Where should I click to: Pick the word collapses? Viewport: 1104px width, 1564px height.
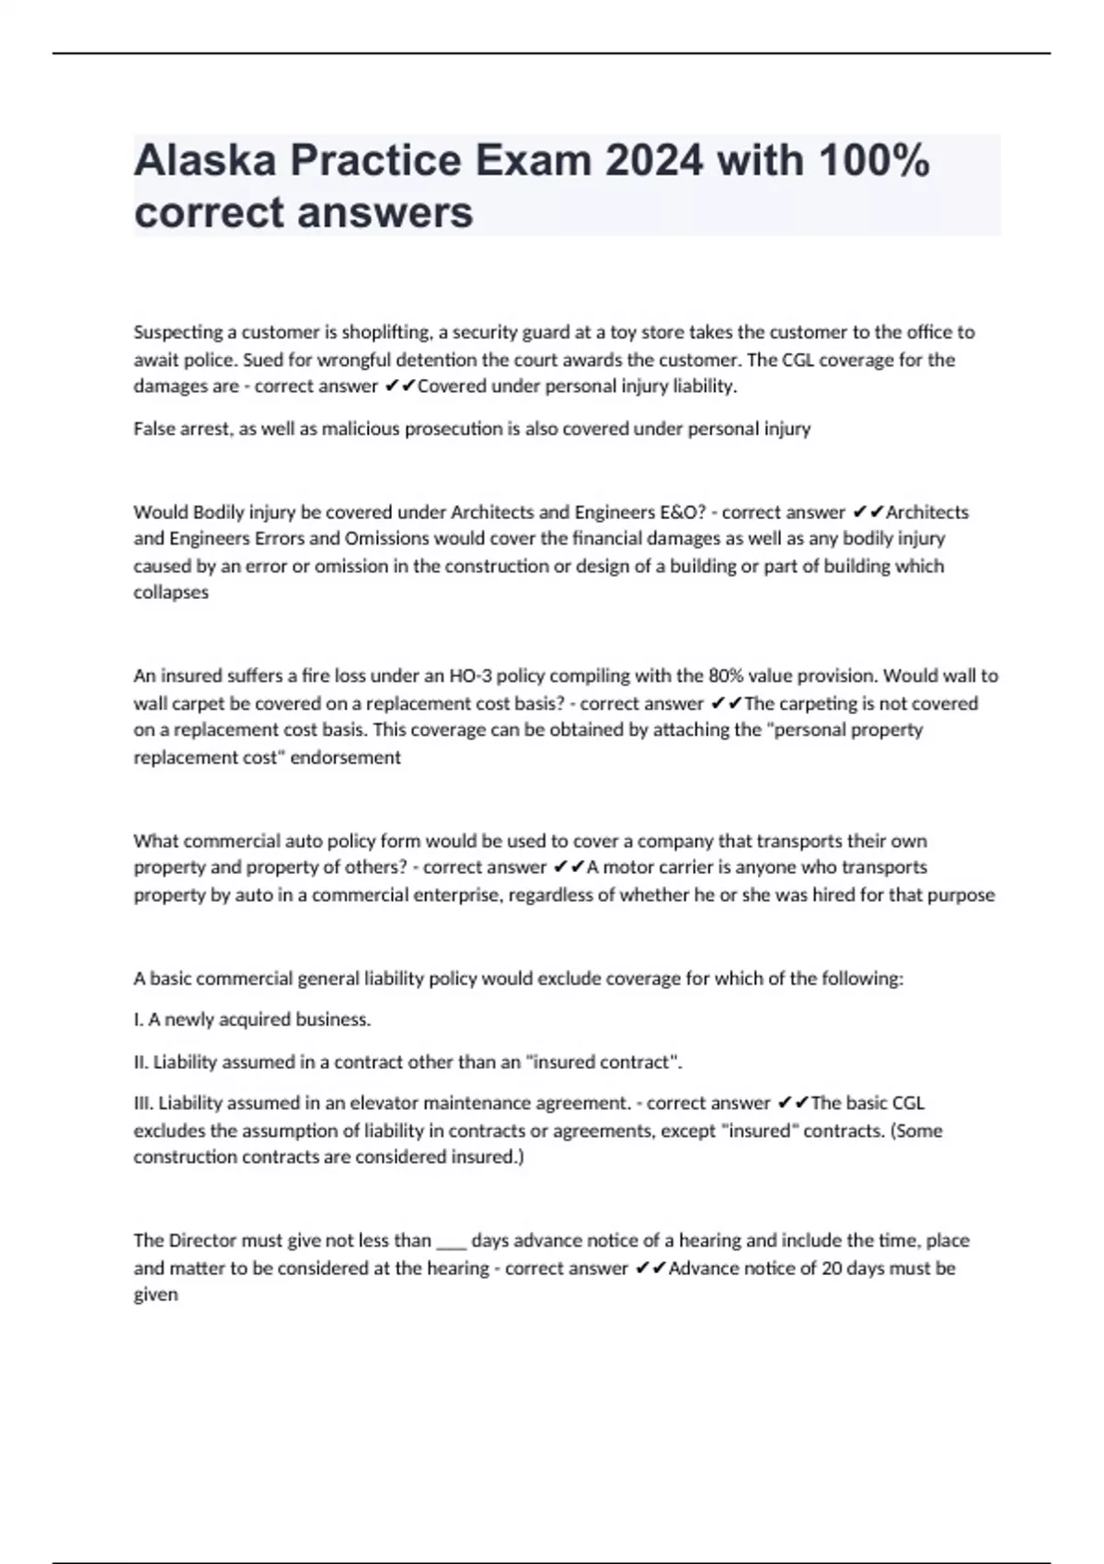[x=171, y=592]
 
